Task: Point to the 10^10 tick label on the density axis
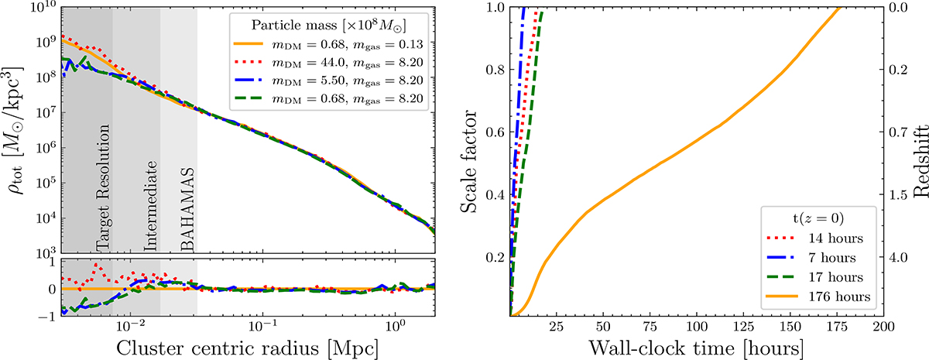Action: [40, 9]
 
